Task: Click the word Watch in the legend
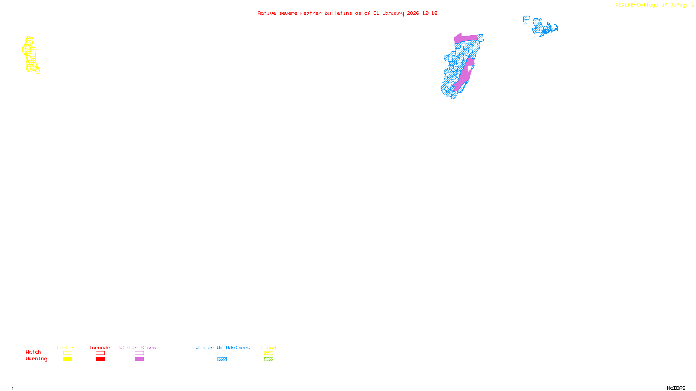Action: (x=33, y=352)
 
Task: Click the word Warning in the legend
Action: (x=37, y=359)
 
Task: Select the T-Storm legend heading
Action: (x=67, y=348)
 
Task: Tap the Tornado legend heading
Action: (x=100, y=348)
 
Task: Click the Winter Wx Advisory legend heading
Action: (x=223, y=348)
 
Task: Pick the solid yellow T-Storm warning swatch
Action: (x=67, y=359)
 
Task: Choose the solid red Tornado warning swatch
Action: (x=100, y=359)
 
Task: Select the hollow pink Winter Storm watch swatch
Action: (x=139, y=353)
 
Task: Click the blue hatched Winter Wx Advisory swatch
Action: (x=222, y=359)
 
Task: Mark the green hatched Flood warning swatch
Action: (x=268, y=359)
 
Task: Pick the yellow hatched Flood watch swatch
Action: (x=268, y=353)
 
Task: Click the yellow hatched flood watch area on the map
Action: (x=30, y=54)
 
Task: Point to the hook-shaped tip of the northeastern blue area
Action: (x=555, y=29)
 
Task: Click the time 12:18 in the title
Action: (x=430, y=13)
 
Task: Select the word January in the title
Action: (x=393, y=13)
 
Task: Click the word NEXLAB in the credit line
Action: (x=625, y=5)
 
